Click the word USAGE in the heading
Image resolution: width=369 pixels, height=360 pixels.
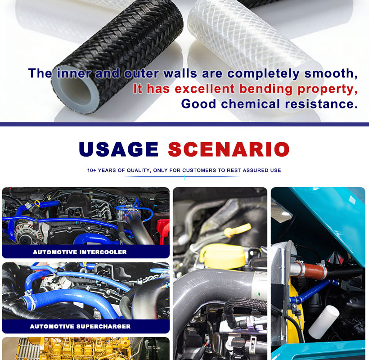[118, 149]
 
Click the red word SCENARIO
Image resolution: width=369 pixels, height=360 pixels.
[229, 149]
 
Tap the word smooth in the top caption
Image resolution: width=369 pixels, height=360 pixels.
[331, 73]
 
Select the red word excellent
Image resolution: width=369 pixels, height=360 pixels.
[205, 89]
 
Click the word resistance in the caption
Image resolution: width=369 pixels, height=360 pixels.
[321, 104]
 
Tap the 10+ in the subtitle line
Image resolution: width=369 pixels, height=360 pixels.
[92, 171]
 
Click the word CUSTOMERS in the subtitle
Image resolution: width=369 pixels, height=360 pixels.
[199, 171]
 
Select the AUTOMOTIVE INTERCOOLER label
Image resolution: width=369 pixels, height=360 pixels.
[80, 252]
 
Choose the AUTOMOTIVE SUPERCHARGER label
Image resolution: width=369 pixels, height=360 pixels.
[80, 326]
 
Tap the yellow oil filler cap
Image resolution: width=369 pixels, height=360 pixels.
[222, 256]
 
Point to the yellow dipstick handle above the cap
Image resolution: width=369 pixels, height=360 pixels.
[237, 230]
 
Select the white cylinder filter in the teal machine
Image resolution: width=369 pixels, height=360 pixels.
[324, 322]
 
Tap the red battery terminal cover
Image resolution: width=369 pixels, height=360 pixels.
[163, 231]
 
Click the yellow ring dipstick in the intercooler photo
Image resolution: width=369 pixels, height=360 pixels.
[37, 203]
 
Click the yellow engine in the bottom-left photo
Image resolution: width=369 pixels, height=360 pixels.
[85, 349]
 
